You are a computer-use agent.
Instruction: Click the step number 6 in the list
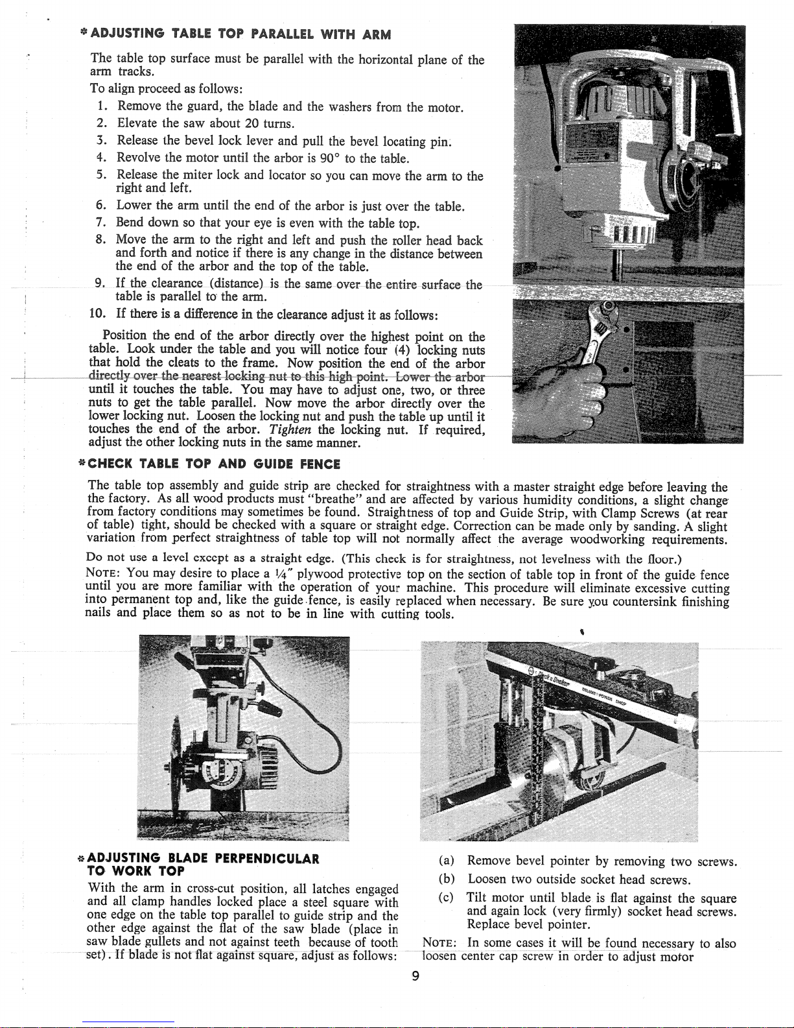(x=101, y=206)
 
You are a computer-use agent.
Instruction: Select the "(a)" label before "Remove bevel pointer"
(x=446, y=862)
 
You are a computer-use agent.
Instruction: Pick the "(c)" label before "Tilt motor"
(x=446, y=899)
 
